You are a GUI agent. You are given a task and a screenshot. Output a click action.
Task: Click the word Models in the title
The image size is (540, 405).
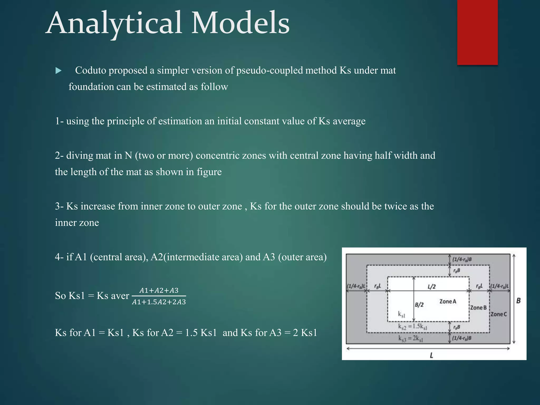(240, 23)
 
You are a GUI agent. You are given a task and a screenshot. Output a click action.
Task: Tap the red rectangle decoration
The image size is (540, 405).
(477, 32)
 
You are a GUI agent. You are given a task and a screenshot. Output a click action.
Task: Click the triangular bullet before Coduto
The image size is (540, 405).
(59, 71)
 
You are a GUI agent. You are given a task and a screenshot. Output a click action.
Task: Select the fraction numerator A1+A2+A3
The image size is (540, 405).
(159, 290)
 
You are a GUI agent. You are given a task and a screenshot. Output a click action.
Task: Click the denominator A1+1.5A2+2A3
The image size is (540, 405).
(159, 302)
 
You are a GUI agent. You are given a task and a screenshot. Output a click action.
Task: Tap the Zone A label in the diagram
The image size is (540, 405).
(447, 301)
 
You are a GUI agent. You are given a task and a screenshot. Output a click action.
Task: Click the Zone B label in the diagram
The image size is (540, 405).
(478, 308)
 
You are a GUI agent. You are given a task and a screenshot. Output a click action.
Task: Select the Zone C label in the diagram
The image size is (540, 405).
(499, 314)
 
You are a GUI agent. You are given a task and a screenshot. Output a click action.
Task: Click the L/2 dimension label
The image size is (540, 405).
(431, 287)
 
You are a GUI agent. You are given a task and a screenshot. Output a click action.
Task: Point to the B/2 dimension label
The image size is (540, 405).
(419, 305)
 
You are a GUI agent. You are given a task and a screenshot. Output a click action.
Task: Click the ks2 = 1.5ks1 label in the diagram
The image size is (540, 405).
(412, 327)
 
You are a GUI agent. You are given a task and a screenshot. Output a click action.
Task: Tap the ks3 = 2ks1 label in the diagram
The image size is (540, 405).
(411, 339)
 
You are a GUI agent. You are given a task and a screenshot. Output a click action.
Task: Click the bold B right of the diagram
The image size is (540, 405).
(518, 301)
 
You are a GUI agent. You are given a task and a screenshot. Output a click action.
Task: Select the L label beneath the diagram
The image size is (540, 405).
(431, 355)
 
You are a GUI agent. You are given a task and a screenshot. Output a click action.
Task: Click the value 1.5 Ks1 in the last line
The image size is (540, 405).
(201, 333)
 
